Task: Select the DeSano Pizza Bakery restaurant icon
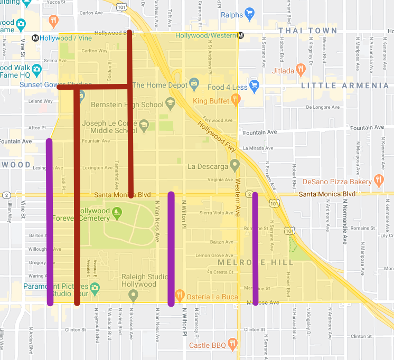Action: (x=378, y=181)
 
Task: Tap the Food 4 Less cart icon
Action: (x=254, y=86)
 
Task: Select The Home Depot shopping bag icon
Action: (x=194, y=83)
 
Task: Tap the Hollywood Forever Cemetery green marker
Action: (x=117, y=213)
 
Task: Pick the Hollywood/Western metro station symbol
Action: (x=240, y=36)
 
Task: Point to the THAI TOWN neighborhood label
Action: (x=307, y=31)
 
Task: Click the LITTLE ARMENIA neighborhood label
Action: (x=344, y=86)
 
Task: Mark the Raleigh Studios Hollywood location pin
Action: (x=134, y=295)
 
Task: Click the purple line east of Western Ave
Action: (x=255, y=248)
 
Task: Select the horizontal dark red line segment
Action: (x=95, y=87)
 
